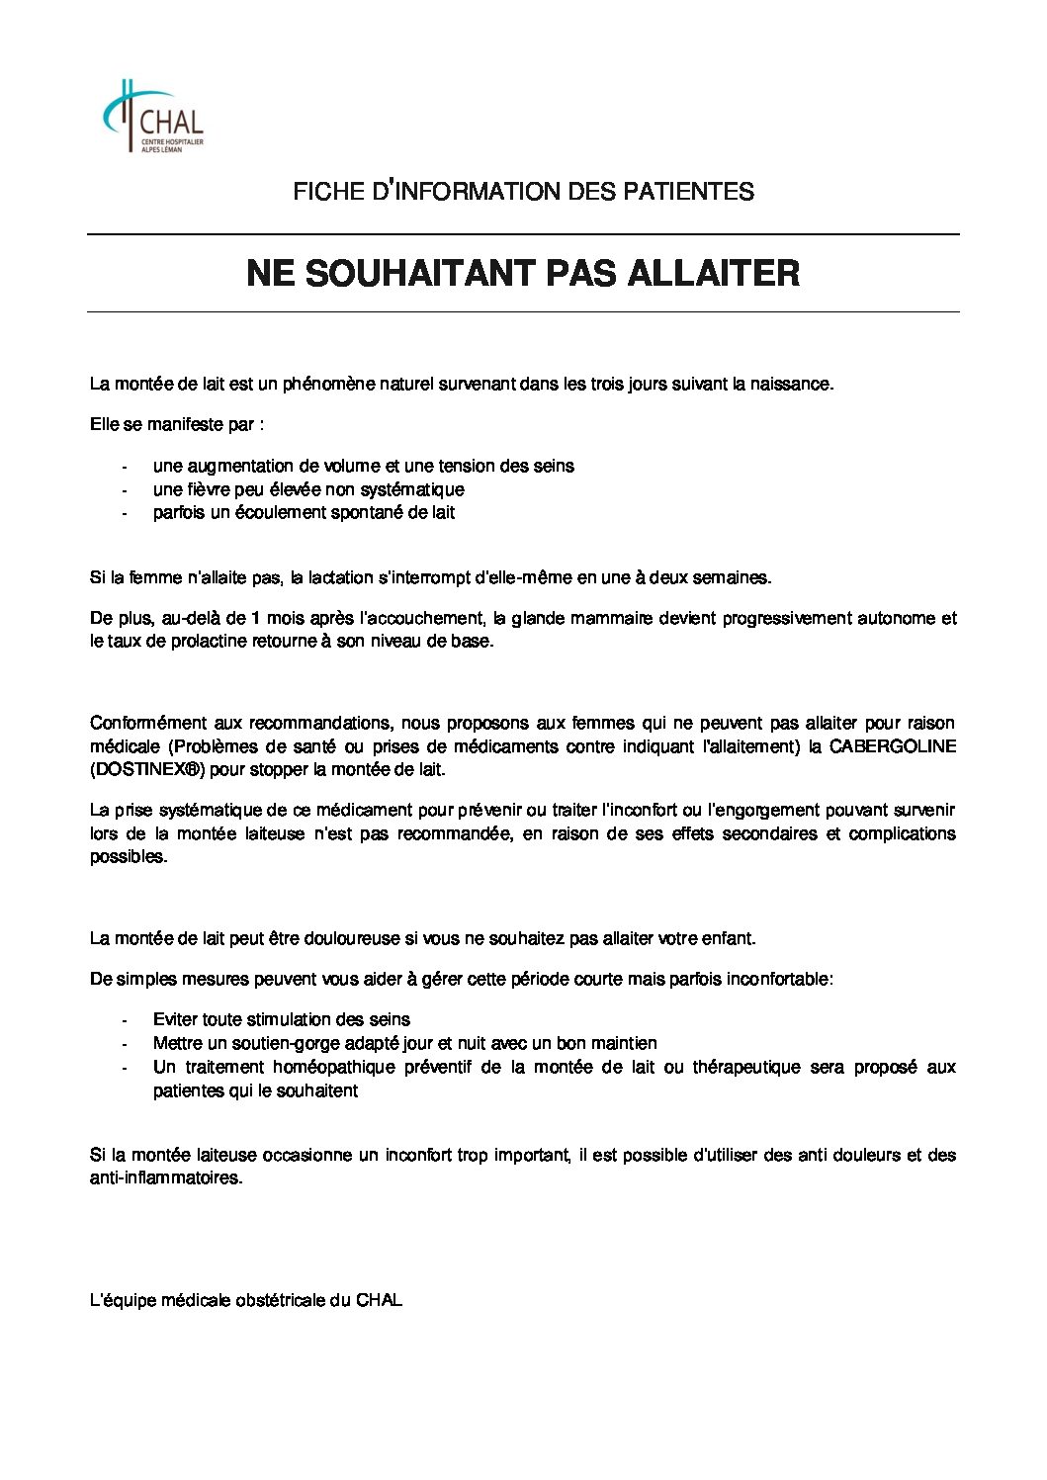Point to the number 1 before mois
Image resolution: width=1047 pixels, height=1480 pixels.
pyautogui.click(x=256, y=619)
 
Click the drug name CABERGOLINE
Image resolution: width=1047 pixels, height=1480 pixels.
pyautogui.click(x=892, y=746)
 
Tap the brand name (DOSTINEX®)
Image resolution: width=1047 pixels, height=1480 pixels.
pyautogui.click(x=145, y=769)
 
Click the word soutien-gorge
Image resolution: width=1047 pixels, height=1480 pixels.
pyautogui.click(x=253, y=1043)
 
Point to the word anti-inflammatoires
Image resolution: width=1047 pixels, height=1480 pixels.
pyautogui.click(x=165, y=1178)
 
